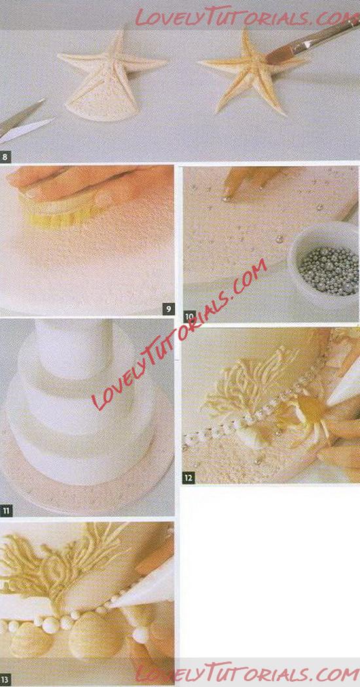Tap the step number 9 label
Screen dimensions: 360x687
pos(169,309)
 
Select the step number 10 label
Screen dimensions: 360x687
pos(189,316)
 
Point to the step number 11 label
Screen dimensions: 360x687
pos(6,510)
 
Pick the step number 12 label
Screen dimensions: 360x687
pos(189,477)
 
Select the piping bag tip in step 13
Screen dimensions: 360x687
pos(113,604)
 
